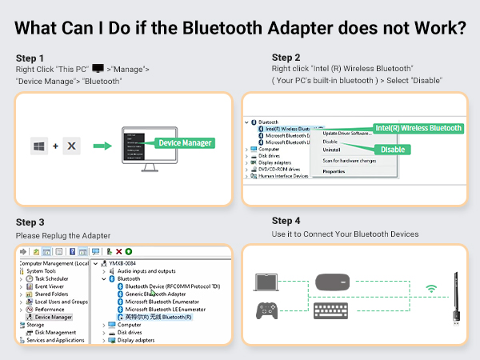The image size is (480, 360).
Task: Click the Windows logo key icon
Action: (38, 146)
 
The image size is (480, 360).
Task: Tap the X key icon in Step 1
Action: (70, 146)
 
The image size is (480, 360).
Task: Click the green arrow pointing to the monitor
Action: (102, 146)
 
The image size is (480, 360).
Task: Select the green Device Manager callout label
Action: (185, 142)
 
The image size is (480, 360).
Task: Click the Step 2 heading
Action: (286, 58)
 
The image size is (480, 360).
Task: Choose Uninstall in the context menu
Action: (331, 150)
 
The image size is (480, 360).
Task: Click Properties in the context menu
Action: (334, 171)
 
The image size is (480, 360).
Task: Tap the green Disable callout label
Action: (393, 149)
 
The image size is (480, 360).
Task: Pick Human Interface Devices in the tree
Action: (283, 176)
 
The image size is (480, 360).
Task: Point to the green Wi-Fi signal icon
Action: (432, 288)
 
